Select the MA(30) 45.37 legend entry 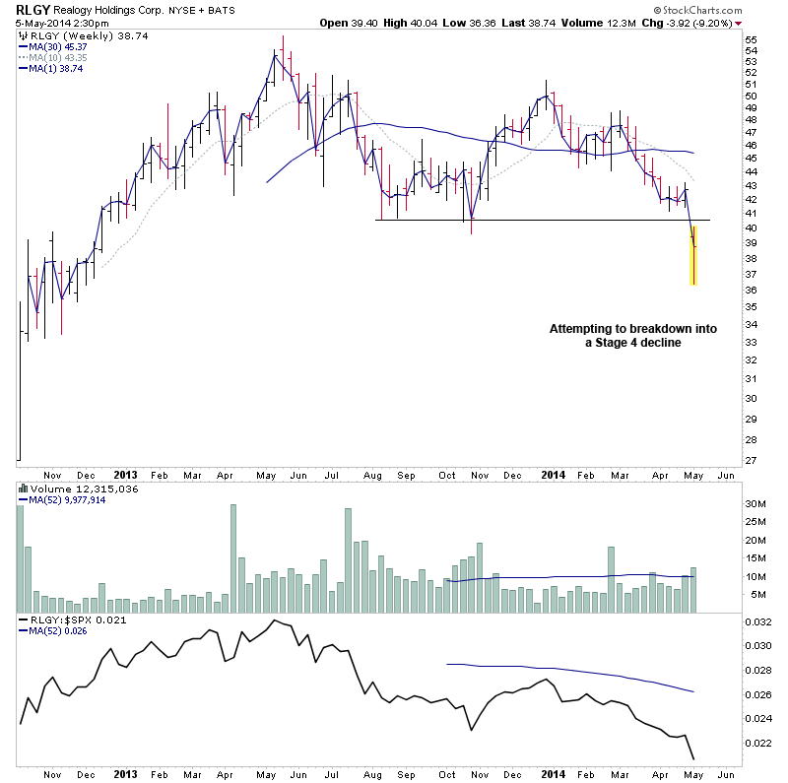tap(58, 45)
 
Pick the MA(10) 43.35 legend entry tap(58, 57)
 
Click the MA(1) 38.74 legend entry tap(56, 68)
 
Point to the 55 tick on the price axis tap(751, 39)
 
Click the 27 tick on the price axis tap(751, 460)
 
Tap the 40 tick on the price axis tap(751, 228)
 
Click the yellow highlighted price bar tap(692, 256)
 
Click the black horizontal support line tap(532, 220)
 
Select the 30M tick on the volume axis tap(755, 504)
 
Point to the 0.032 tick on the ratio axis tap(758, 622)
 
